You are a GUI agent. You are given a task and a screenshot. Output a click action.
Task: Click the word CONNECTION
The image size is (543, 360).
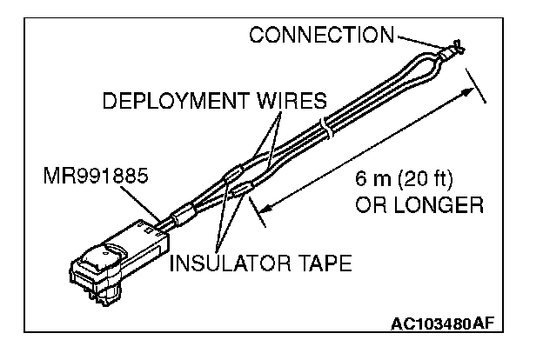click(x=321, y=36)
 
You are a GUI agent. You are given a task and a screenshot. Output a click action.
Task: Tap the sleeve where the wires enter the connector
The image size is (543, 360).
click(x=184, y=215)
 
